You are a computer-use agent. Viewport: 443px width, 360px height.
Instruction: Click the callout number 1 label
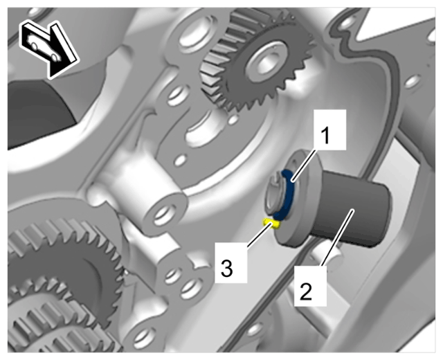tap(326, 135)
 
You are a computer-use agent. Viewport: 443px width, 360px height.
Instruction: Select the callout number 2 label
tap(306, 291)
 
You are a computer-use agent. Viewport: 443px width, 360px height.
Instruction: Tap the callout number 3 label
tap(226, 269)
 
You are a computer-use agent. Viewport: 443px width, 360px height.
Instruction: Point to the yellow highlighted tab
tap(271, 223)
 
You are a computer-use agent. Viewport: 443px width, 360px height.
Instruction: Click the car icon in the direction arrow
tap(43, 46)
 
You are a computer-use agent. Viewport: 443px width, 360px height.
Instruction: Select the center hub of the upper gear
tap(266, 62)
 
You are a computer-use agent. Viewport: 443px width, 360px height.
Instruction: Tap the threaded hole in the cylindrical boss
tap(163, 214)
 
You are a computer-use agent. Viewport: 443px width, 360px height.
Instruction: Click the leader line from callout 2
tap(337, 237)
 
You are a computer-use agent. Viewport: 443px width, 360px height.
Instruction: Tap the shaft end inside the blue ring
tap(275, 195)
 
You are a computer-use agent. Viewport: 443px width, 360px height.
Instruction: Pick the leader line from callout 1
tap(303, 166)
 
